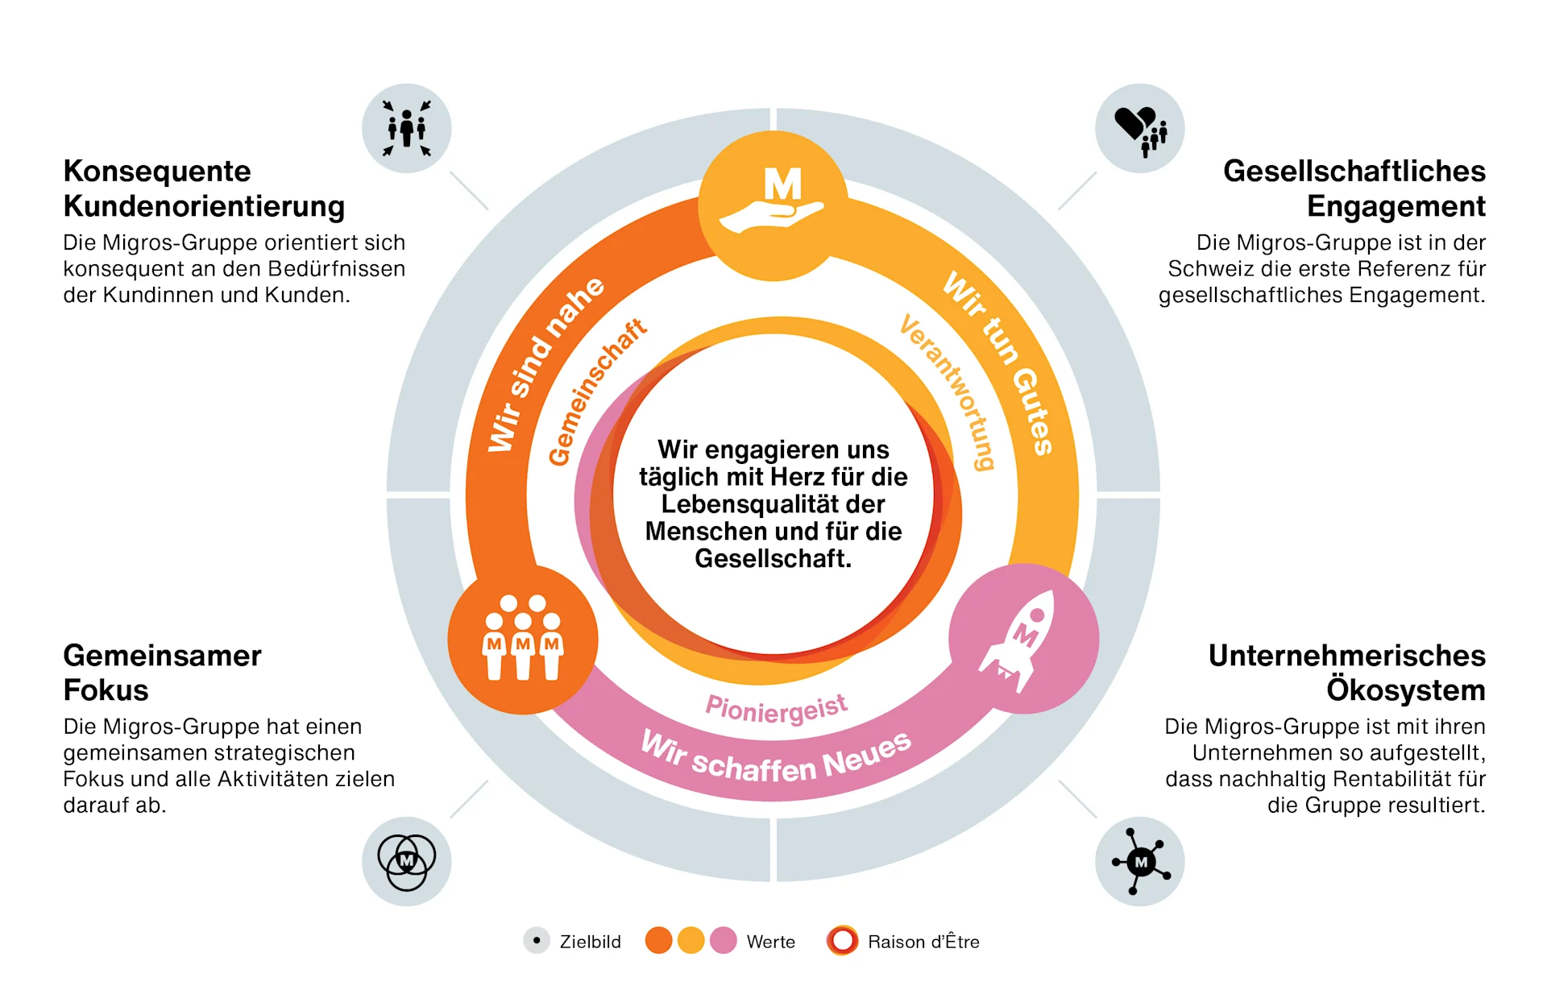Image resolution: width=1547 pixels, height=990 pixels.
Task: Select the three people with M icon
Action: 523,640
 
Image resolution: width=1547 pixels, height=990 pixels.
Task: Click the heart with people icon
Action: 1140,130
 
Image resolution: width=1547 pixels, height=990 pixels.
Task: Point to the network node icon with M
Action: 1140,862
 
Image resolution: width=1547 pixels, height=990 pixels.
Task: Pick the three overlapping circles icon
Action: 407,862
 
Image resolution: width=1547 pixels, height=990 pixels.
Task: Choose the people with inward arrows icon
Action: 407,129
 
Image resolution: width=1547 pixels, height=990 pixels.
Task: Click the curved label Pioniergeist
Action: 776,708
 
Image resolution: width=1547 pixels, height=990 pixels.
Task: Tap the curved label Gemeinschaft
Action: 596,391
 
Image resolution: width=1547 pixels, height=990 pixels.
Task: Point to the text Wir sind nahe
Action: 545,363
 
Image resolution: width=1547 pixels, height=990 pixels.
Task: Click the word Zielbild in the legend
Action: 590,942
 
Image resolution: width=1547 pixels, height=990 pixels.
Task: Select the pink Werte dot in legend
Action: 724,941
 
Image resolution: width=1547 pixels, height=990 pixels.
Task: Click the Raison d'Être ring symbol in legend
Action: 842,941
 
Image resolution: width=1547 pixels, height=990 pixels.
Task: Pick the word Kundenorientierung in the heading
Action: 204,206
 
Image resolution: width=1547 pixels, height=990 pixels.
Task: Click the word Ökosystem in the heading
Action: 1405,690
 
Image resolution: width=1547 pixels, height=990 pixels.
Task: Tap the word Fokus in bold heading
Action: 106,690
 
